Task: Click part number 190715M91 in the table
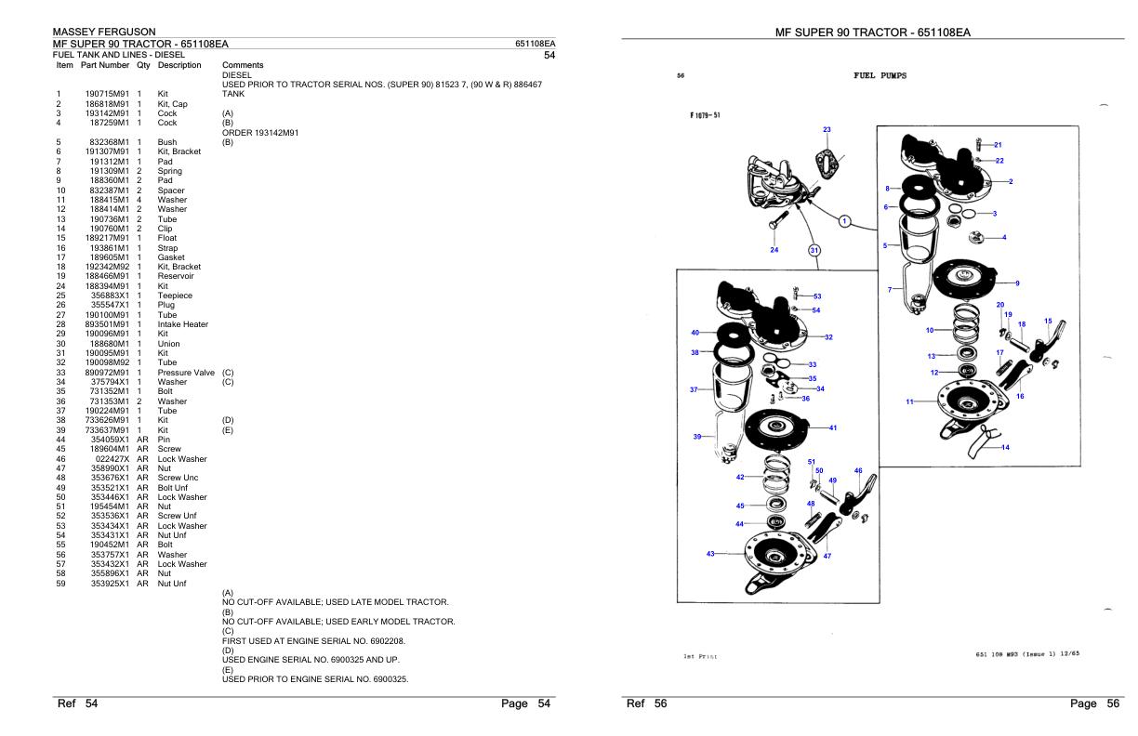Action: pos(107,94)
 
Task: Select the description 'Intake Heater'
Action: pos(183,324)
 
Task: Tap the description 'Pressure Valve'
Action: pos(186,373)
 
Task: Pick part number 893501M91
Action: pos(107,324)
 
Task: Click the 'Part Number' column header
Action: pos(105,65)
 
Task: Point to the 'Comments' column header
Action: pos(243,65)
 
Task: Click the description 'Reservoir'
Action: pos(176,276)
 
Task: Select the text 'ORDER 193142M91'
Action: pos(260,133)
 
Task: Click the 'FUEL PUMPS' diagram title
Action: pos(880,75)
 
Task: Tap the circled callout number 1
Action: pos(844,221)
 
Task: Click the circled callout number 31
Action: pos(814,250)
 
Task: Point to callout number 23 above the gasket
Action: pos(827,129)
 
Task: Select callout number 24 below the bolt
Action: pos(774,249)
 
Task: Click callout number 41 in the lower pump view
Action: pos(833,427)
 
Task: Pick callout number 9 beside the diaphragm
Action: pos(1017,283)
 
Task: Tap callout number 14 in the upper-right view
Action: pos(1005,447)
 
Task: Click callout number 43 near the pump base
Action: pos(710,554)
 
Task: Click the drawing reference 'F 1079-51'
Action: pos(705,115)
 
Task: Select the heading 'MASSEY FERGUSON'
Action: pos(104,32)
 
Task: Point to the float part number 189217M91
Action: pos(107,238)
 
